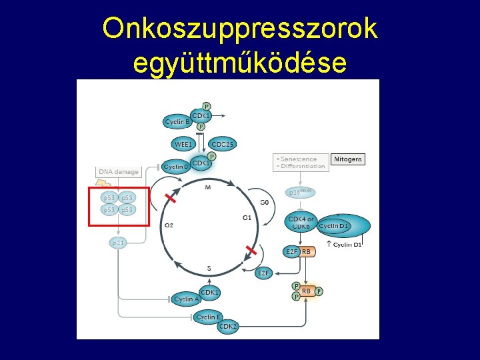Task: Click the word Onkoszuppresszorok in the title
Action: click(x=240, y=29)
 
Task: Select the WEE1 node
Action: click(x=183, y=144)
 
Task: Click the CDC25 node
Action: click(x=223, y=144)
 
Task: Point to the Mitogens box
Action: click(x=347, y=159)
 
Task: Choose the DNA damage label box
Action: click(x=119, y=172)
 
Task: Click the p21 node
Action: click(x=118, y=243)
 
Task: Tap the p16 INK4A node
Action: click(x=299, y=192)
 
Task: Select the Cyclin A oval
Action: click(x=186, y=299)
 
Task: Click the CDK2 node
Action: click(x=227, y=326)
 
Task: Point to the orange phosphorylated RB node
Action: click(x=307, y=291)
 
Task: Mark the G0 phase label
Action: click(x=264, y=202)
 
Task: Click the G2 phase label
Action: click(x=169, y=225)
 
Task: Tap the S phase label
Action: click(x=209, y=269)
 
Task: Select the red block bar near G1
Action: click(x=251, y=251)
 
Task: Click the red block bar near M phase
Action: click(x=171, y=198)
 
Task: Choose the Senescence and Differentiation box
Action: click(x=300, y=162)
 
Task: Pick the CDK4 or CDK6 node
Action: click(x=301, y=223)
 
